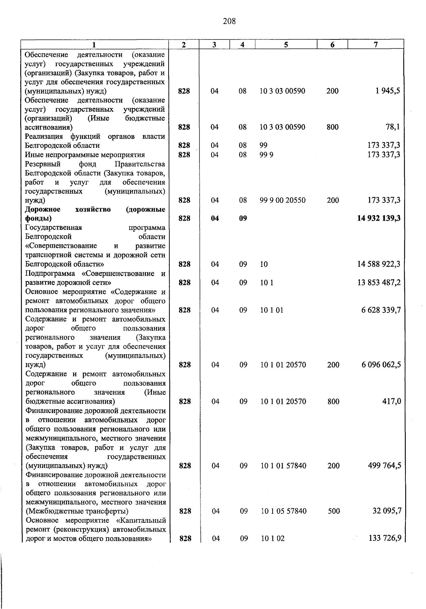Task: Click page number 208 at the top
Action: pyautogui.click(x=229, y=21)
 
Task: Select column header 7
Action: pyautogui.click(x=376, y=44)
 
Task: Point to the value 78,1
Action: pyautogui.click(x=393, y=127)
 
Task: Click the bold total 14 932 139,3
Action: pyautogui.click(x=379, y=219)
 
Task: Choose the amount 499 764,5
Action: pyautogui.click(x=384, y=466)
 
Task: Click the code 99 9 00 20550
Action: pyautogui.click(x=282, y=200)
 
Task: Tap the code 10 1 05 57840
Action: pyautogui.click(x=283, y=511)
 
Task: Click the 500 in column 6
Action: pyautogui.click(x=334, y=511)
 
